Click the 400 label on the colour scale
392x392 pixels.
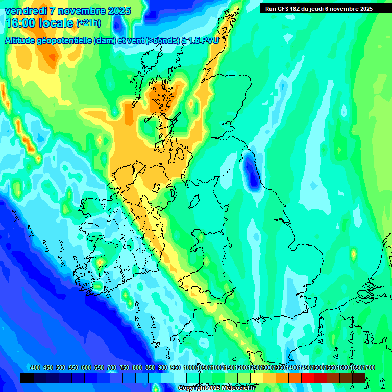point(35,367)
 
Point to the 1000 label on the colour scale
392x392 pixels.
point(189,367)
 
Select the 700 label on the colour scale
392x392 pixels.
point(112,367)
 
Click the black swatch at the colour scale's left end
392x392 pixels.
point(27,378)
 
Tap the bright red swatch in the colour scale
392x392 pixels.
point(308,378)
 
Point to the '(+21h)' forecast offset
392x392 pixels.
point(88,23)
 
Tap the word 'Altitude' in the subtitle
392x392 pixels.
point(22,40)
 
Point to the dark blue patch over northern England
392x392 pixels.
point(250,171)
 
